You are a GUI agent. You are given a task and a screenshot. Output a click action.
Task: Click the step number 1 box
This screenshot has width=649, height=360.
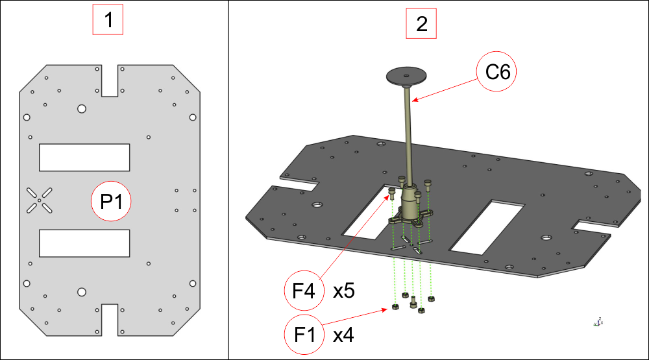tap(108, 21)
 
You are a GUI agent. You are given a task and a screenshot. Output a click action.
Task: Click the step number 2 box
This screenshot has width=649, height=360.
tap(421, 24)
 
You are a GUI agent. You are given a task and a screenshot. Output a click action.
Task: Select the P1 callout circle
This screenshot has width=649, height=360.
tap(111, 201)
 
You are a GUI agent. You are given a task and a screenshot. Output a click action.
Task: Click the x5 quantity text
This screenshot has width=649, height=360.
tap(343, 291)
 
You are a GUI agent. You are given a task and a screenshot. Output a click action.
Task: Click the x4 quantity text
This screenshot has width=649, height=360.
tap(343, 335)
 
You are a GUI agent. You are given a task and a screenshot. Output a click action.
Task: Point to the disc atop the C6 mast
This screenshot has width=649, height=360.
tap(406, 76)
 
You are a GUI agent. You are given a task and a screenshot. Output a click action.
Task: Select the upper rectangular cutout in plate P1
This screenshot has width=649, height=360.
tap(84, 157)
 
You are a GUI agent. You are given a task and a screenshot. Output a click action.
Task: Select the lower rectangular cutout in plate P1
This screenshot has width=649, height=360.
tap(84, 243)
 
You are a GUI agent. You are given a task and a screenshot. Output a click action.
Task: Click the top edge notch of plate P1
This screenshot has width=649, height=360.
tap(110, 79)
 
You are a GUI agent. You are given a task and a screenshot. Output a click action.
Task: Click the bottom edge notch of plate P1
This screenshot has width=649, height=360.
tap(110, 319)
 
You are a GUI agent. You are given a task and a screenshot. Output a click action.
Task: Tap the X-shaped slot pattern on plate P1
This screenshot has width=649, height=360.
tap(40, 200)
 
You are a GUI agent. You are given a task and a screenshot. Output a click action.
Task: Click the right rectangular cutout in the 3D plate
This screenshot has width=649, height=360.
tap(487, 226)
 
